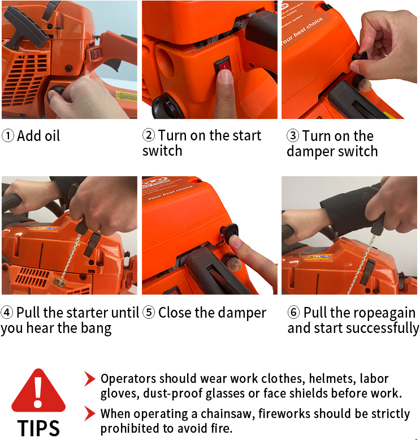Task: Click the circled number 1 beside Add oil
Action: tap(8, 136)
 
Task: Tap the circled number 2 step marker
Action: tap(149, 135)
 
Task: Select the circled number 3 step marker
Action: tap(293, 135)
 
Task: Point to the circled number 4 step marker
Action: tap(7, 313)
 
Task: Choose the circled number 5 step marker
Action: tap(149, 313)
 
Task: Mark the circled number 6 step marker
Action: tap(293, 312)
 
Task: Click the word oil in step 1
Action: tap(53, 136)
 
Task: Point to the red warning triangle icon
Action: tap(38, 390)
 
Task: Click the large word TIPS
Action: tap(38, 428)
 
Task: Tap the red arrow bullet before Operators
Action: tap(90, 378)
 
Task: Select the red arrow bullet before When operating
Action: tap(90, 413)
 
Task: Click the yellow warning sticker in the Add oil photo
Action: tap(126, 96)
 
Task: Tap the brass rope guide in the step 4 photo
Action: tap(59, 283)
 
